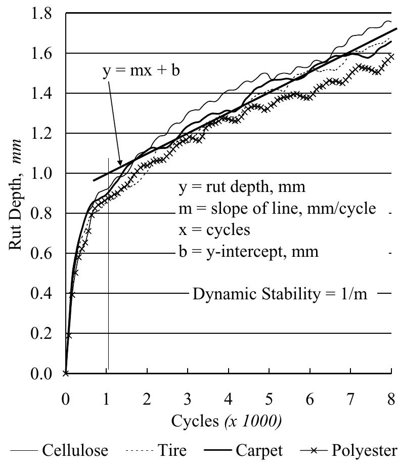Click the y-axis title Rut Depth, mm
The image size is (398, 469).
click(x=15, y=194)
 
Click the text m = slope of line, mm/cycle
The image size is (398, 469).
click(x=277, y=209)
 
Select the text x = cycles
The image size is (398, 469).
click(x=214, y=230)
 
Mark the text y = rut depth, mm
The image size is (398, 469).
click(x=242, y=188)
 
